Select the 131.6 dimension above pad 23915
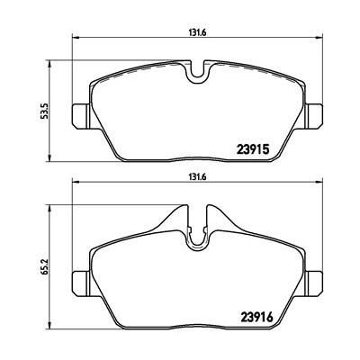(x=194, y=29)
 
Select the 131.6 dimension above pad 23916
(x=194, y=178)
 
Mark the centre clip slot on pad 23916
(x=197, y=230)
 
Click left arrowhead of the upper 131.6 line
(x=75, y=37)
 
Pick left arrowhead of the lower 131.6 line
(x=75, y=187)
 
